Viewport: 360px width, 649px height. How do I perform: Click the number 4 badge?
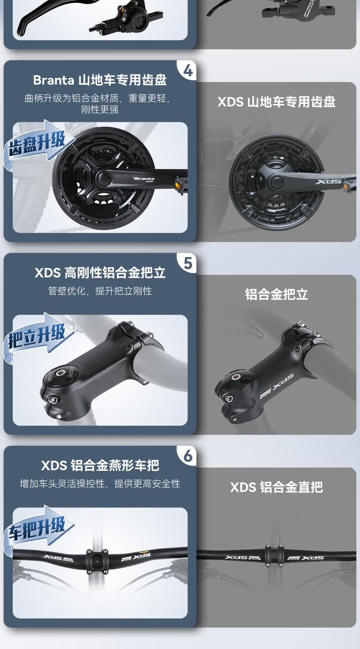pyautogui.click(x=188, y=71)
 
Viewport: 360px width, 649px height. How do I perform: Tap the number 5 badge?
pyautogui.click(x=188, y=263)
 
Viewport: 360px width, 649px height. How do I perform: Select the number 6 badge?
pyautogui.click(x=188, y=456)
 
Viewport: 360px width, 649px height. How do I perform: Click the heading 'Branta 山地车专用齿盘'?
pyautogui.click(x=100, y=80)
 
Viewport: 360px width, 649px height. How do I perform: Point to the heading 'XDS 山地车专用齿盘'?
pyautogui.click(x=276, y=102)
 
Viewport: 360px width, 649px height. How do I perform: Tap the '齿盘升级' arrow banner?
pyautogui.click(x=38, y=144)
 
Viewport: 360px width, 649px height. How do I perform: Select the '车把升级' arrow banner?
pyautogui.click(x=38, y=529)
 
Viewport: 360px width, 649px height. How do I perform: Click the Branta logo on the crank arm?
pyautogui.click(x=144, y=179)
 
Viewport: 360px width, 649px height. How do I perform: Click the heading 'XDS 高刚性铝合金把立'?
pyautogui.click(x=100, y=273)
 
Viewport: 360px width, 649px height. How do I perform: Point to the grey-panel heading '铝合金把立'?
pyautogui.click(x=276, y=294)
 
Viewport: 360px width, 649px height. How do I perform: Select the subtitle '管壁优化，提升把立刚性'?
pyautogui.click(x=100, y=291)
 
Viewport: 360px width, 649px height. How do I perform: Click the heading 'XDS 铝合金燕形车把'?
pyautogui.click(x=100, y=465)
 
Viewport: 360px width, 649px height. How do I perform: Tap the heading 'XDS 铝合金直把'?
pyautogui.click(x=276, y=487)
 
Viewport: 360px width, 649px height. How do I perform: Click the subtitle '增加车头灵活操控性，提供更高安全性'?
pyautogui.click(x=100, y=484)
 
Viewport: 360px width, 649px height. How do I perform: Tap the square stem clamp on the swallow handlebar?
pyautogui.click(x=97, y=561)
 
